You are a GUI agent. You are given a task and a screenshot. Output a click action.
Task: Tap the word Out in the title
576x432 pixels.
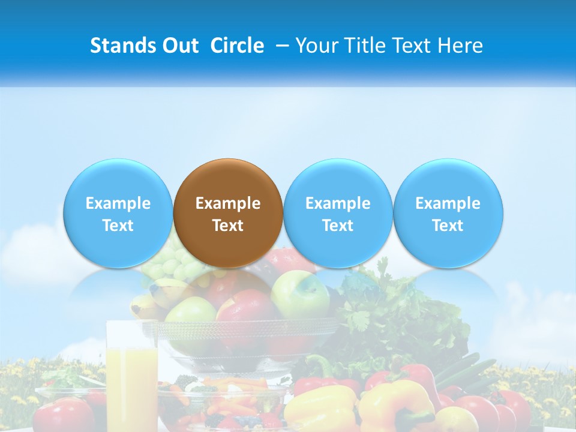tap(179, 46)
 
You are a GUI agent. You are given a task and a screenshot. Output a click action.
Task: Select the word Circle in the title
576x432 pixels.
tap(237, 46)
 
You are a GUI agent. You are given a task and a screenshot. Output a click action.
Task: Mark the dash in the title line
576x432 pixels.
tap(283, 46)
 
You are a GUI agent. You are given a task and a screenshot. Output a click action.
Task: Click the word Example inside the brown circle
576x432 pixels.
tap(228, 203)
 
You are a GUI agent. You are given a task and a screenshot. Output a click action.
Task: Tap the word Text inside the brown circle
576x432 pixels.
tap(228, 226)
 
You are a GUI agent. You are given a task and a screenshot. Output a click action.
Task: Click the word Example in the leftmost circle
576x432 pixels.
tap(118, 203)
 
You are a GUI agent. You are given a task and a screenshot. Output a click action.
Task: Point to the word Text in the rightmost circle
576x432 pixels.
tap(448, 226)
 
